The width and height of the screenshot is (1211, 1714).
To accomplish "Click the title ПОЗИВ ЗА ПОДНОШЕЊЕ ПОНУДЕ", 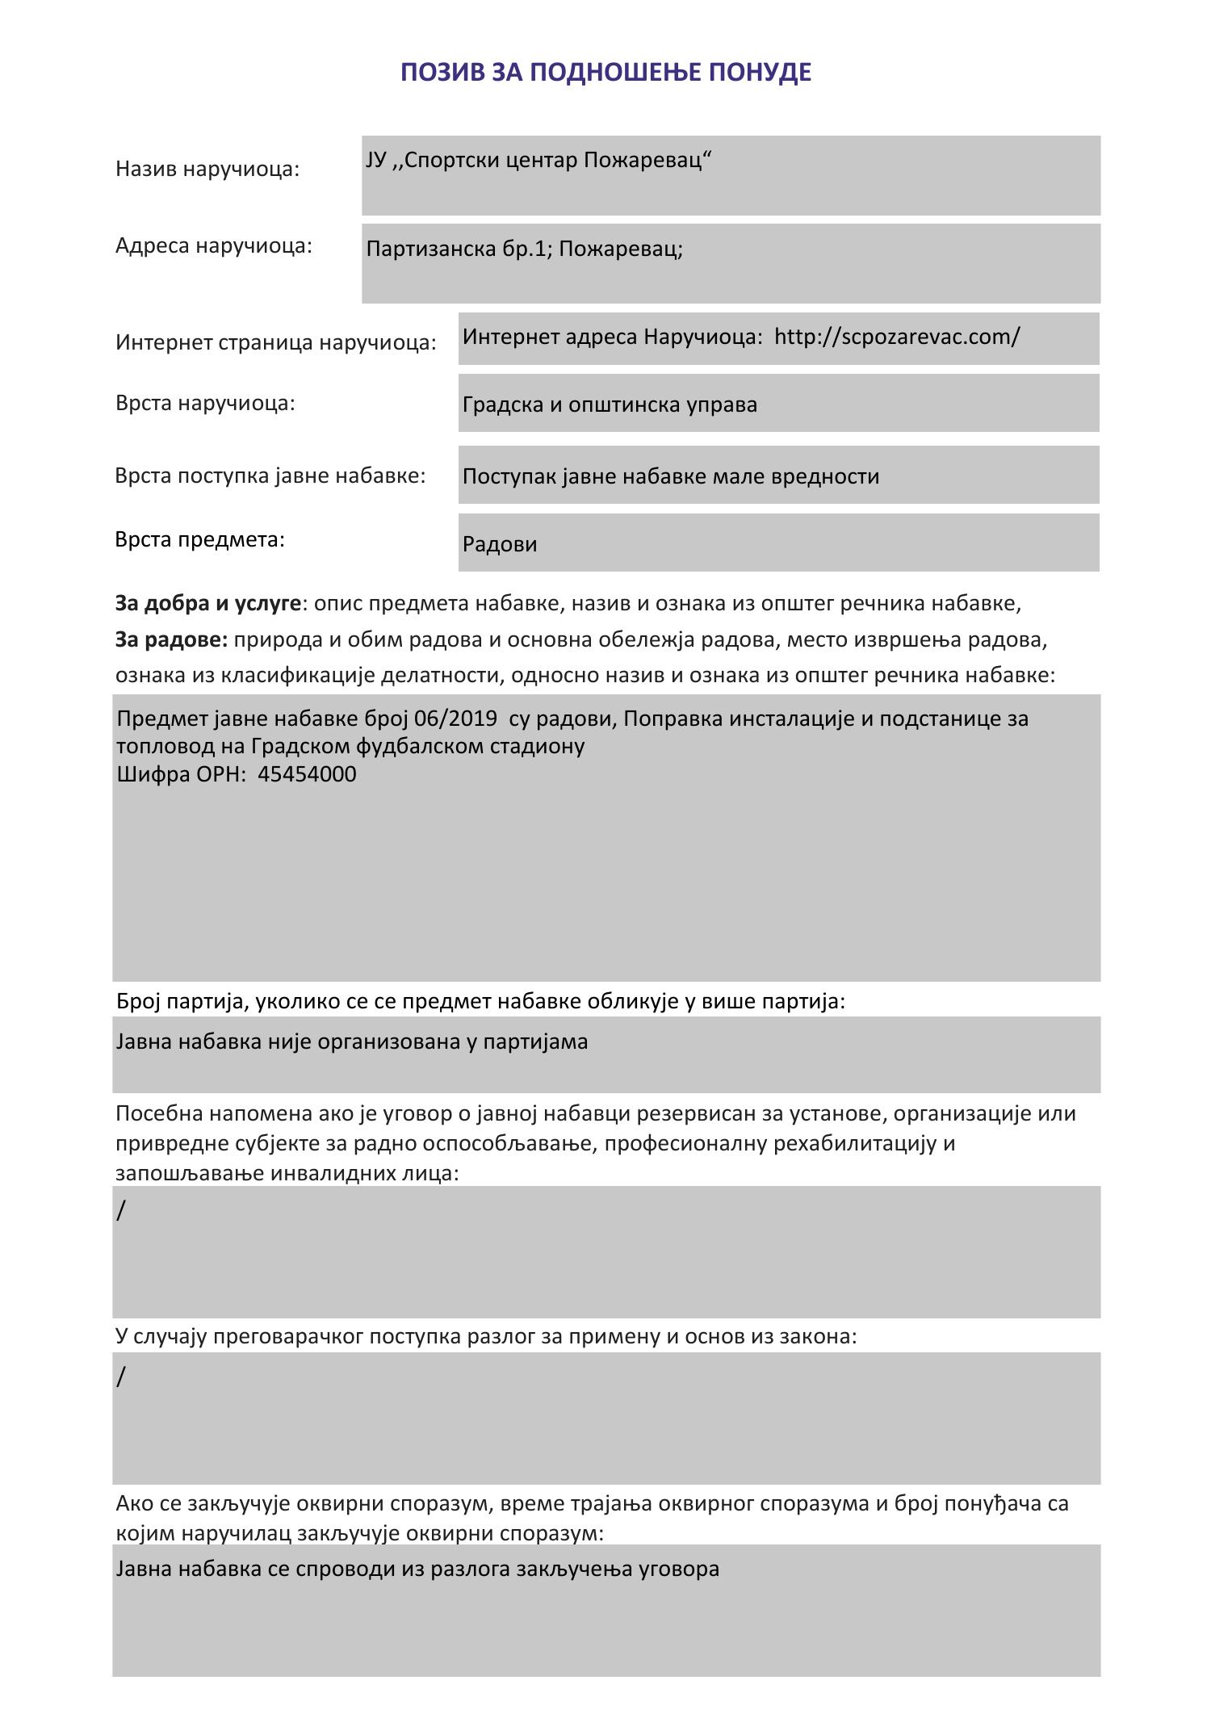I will [x=605, y=73].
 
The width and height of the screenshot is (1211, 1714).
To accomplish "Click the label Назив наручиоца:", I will [x=207, y=170].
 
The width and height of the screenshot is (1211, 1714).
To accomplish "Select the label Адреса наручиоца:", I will [x=213, y=245].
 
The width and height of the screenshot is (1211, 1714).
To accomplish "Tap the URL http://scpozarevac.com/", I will [x=897, y=337].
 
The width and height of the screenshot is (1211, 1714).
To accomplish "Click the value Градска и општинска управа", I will [x=610, y=404].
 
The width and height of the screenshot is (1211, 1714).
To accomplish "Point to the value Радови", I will [x=500, y=544].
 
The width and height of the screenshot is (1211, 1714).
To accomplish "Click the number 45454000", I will [x=307, y=775].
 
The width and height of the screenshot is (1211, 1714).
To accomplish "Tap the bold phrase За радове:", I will [x=172, y=640].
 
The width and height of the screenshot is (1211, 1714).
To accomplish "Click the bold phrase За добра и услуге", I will [x=207, y=604].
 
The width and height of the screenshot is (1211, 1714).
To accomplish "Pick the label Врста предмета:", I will [x=200, y=539].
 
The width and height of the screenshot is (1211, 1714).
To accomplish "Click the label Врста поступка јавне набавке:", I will [x=270, y=476].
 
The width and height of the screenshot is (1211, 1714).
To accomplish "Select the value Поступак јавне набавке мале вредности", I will [x=670, y=476].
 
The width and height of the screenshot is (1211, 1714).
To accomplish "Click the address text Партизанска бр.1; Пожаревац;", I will [x=524, y=249].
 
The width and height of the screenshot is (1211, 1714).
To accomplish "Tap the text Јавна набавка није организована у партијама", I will [x=352, y=1042].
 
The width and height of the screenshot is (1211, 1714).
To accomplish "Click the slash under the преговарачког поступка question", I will [x=121, y=1377].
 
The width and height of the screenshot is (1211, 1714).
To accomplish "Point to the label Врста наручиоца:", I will [x=205, y=403].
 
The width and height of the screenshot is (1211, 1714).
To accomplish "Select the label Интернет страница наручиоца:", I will [x=275, y=342].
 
